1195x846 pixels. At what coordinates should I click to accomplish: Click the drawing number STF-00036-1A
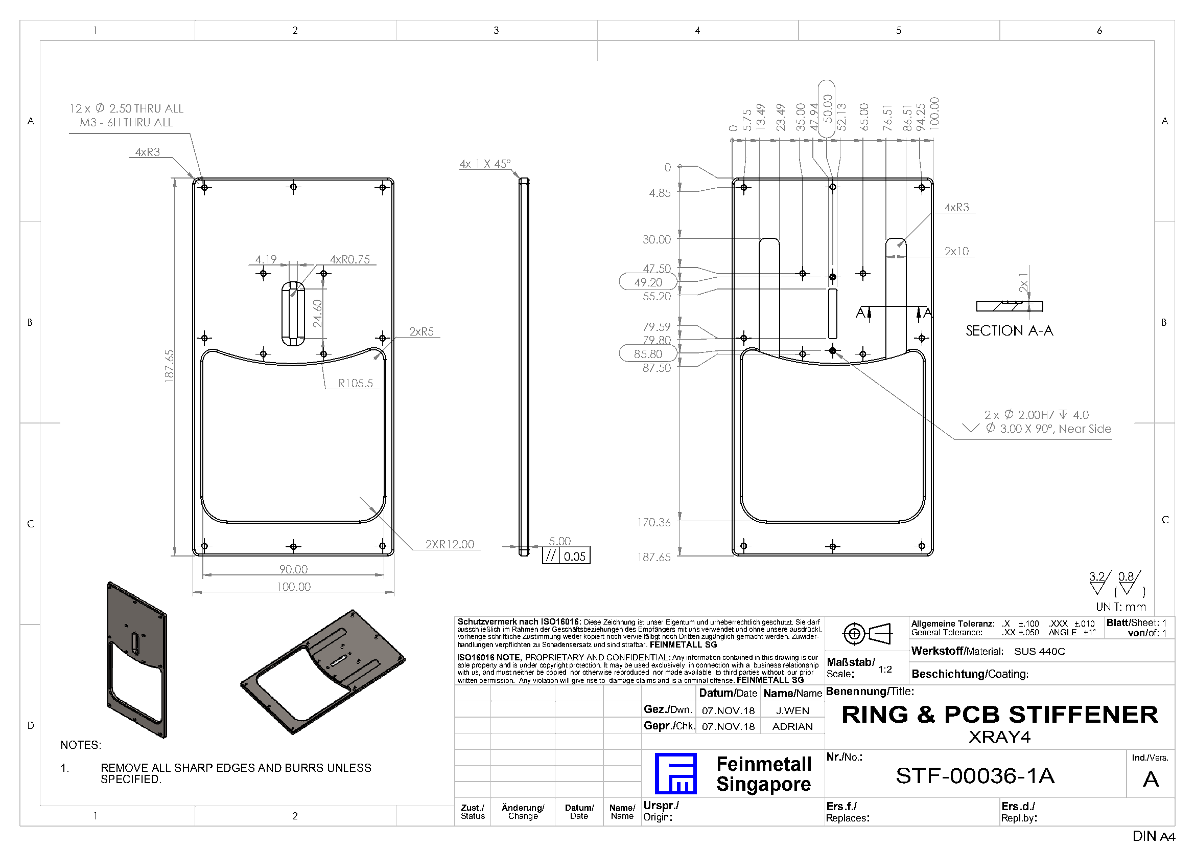point(975,776)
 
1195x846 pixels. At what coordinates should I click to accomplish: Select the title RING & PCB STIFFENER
point(1000,715)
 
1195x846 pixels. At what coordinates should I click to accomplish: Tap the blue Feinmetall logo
point(675,773)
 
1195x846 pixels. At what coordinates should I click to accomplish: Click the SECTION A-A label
point(1009,331)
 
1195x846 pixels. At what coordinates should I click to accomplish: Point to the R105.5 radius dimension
point(356,384)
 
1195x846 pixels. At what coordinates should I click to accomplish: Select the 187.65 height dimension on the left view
point(169,366)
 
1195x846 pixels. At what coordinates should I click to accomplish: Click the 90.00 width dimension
point(294,569)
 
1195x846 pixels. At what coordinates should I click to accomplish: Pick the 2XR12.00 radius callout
point(450,544)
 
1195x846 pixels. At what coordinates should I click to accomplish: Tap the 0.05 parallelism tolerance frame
point(566,556)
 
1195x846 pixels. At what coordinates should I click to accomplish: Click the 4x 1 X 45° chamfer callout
point(485,164)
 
